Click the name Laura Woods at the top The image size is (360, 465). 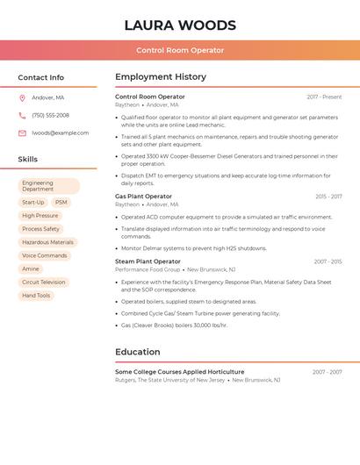180,25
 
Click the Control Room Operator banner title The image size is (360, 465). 180,50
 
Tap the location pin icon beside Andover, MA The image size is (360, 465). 22,98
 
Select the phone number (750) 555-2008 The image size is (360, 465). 50,115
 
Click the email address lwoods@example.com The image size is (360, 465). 60,133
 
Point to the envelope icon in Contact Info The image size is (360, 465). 22,133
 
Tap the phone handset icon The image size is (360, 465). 22,116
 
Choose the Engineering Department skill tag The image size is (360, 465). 49,186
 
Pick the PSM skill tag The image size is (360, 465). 61,203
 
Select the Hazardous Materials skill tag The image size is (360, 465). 47,242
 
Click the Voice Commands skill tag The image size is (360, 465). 44,255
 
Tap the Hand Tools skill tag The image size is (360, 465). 36,296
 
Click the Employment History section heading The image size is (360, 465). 161,77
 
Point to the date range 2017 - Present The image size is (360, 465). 324,97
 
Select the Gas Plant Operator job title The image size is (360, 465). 143,197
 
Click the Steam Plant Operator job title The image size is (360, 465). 148,261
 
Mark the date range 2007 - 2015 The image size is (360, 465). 328,261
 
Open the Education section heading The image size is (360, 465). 138,352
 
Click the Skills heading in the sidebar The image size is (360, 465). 28,160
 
